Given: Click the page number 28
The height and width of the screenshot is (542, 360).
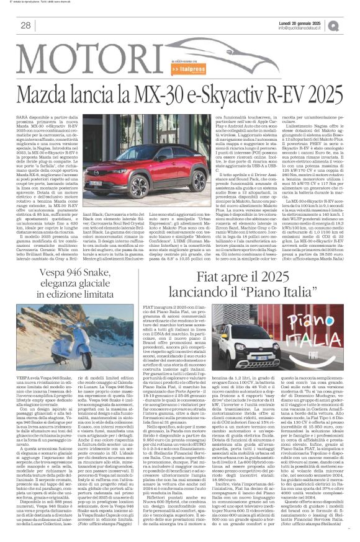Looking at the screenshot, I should tap(26, 25).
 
